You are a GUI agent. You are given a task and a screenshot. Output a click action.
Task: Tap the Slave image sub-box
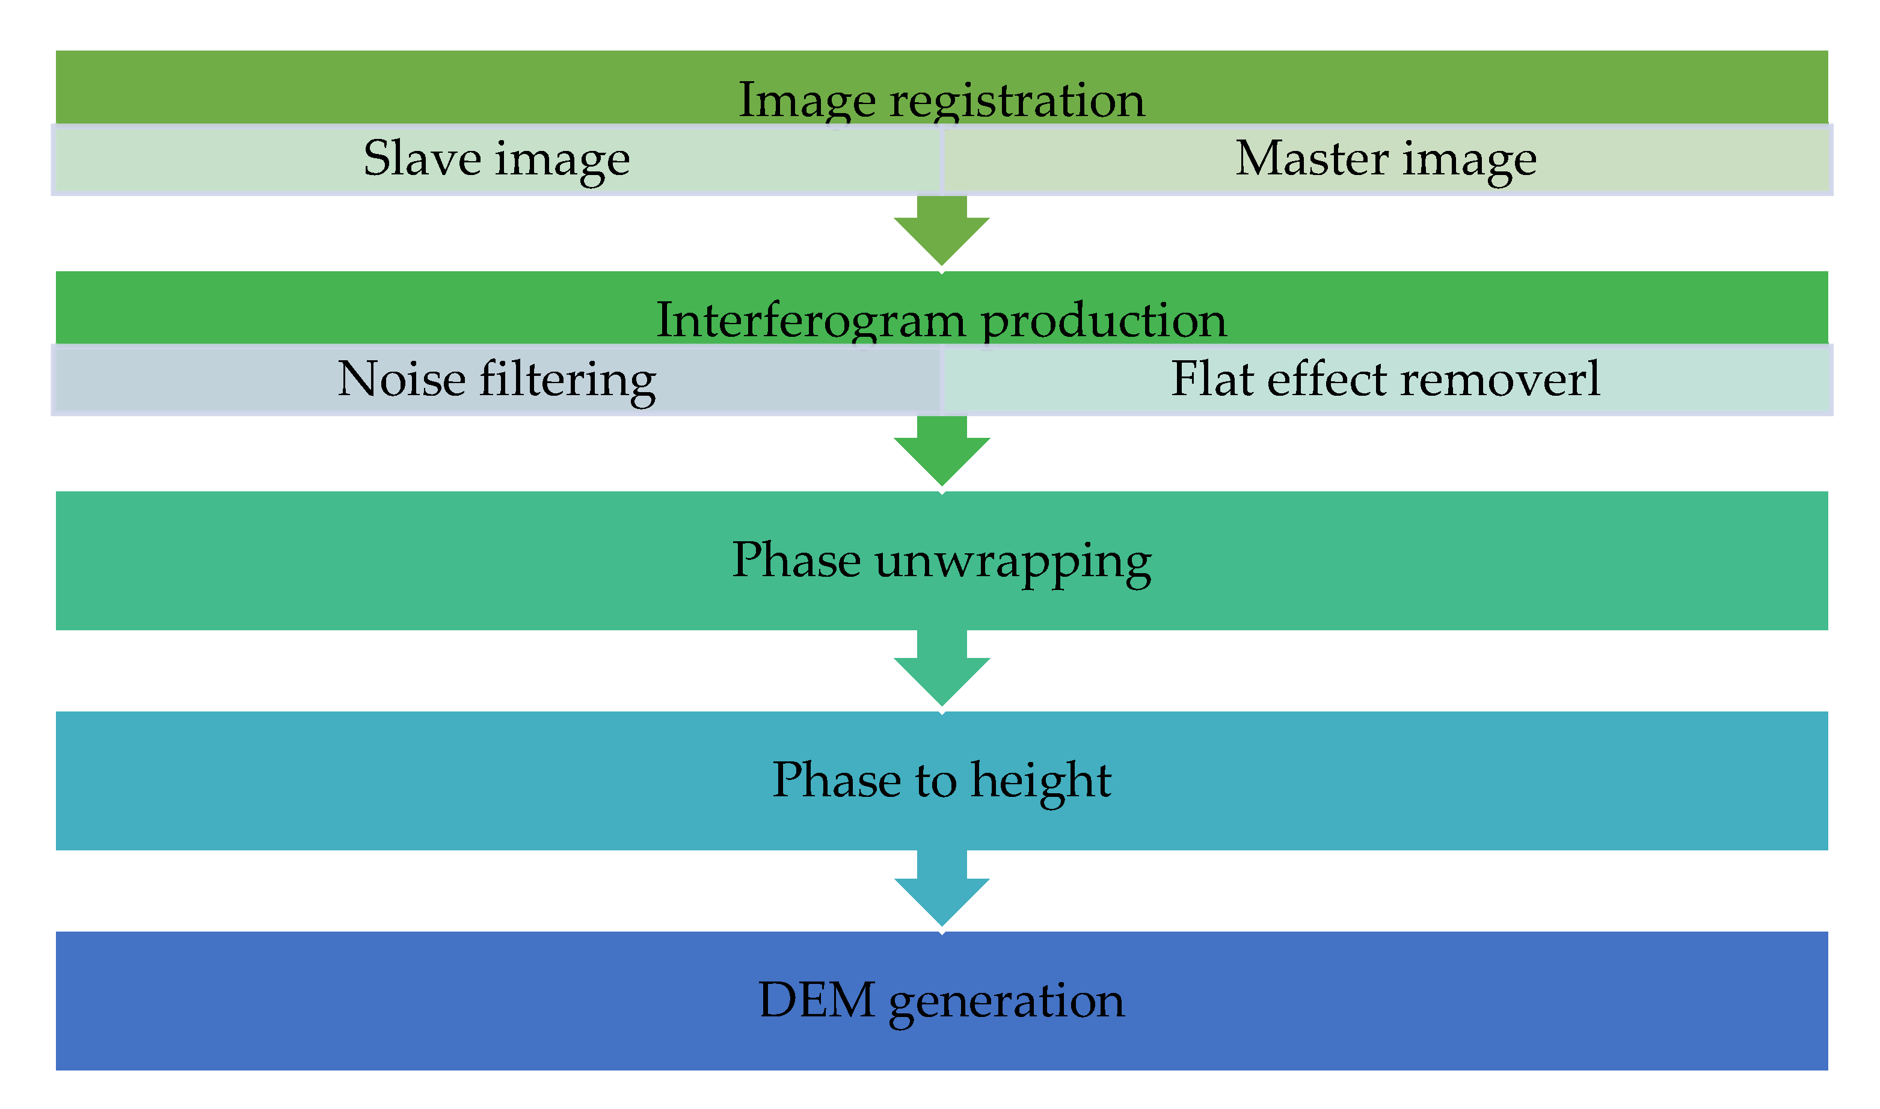click(496, 160)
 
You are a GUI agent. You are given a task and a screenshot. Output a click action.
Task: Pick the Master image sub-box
click(1386, 160)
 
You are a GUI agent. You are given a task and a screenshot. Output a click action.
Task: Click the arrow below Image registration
click(941, 232)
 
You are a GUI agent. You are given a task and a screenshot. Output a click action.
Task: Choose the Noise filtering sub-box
click(496, 379)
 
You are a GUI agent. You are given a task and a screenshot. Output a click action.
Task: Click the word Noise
click(401, 379)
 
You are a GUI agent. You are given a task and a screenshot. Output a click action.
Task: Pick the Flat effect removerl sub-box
click(1386, 379)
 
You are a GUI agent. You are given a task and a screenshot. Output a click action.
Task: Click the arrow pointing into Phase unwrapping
click(941, 452)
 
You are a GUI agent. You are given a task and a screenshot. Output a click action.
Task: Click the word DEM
click(816, 1001)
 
